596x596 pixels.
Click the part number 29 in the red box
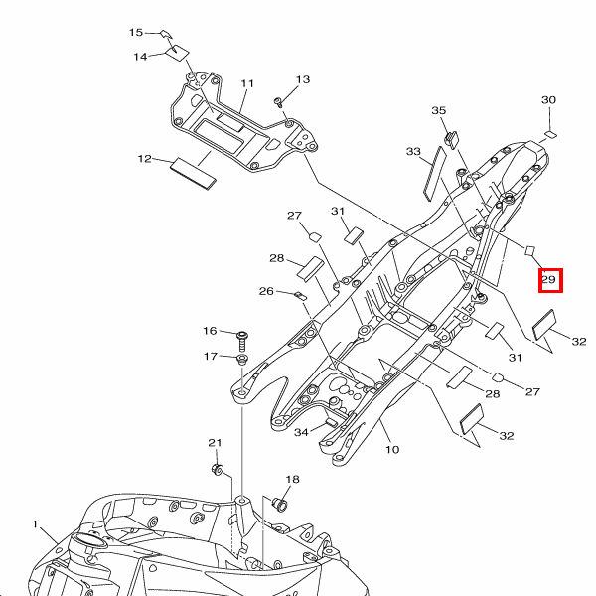pos(549,281)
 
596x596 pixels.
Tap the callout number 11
pos(247,84)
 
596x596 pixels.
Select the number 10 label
pos(392,450)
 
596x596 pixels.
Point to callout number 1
pos(34,523)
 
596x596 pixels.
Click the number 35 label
pos(439,110)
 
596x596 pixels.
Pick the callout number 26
pos(266,291)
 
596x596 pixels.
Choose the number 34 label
pos(301,432)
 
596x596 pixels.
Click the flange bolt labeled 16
pos(241,335)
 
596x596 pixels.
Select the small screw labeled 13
pos(280,101)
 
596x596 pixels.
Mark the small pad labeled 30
pos(552,132)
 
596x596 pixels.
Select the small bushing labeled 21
pos(218,468)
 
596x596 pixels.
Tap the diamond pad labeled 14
pos(177,50)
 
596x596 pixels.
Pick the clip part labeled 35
pos(452,137)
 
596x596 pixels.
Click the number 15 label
pos(137,33)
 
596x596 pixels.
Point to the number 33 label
pos(414,152)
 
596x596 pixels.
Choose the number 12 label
pos(145,159)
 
